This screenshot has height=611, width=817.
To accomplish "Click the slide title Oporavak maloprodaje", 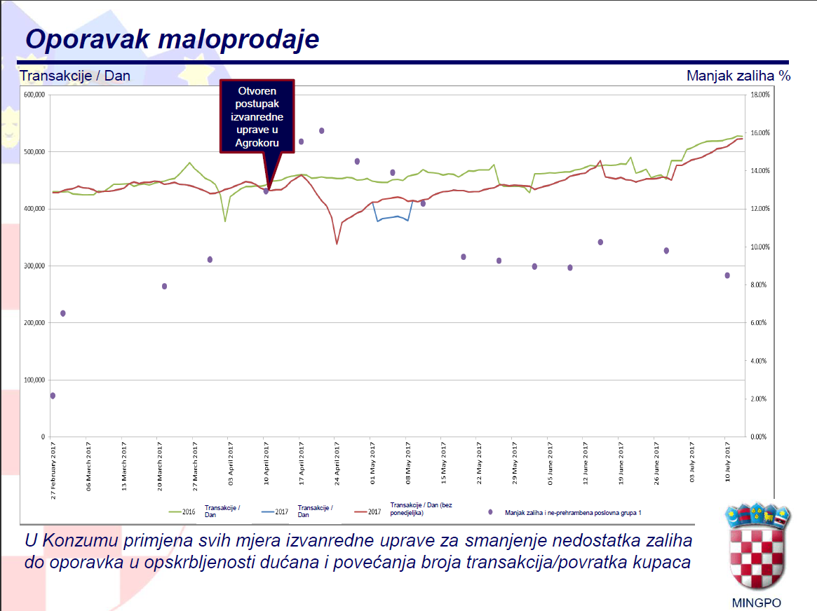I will [172, 39].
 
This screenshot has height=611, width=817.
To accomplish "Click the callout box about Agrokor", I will [257, 116].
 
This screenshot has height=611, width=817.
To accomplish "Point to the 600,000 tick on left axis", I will [34, 95].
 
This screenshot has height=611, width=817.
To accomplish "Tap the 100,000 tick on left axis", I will [34, 380].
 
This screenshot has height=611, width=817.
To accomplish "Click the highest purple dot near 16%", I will [322, 131].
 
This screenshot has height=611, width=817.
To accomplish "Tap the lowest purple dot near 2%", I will [53, 396].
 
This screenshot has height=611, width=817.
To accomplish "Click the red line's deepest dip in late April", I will [337, 244].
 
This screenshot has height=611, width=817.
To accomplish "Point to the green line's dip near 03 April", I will [225, 221].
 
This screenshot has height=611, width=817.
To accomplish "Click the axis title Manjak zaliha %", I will [738, 76].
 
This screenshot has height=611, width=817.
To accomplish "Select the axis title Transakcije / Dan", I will [75, 76].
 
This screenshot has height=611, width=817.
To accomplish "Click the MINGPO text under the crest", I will [756, 603].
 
